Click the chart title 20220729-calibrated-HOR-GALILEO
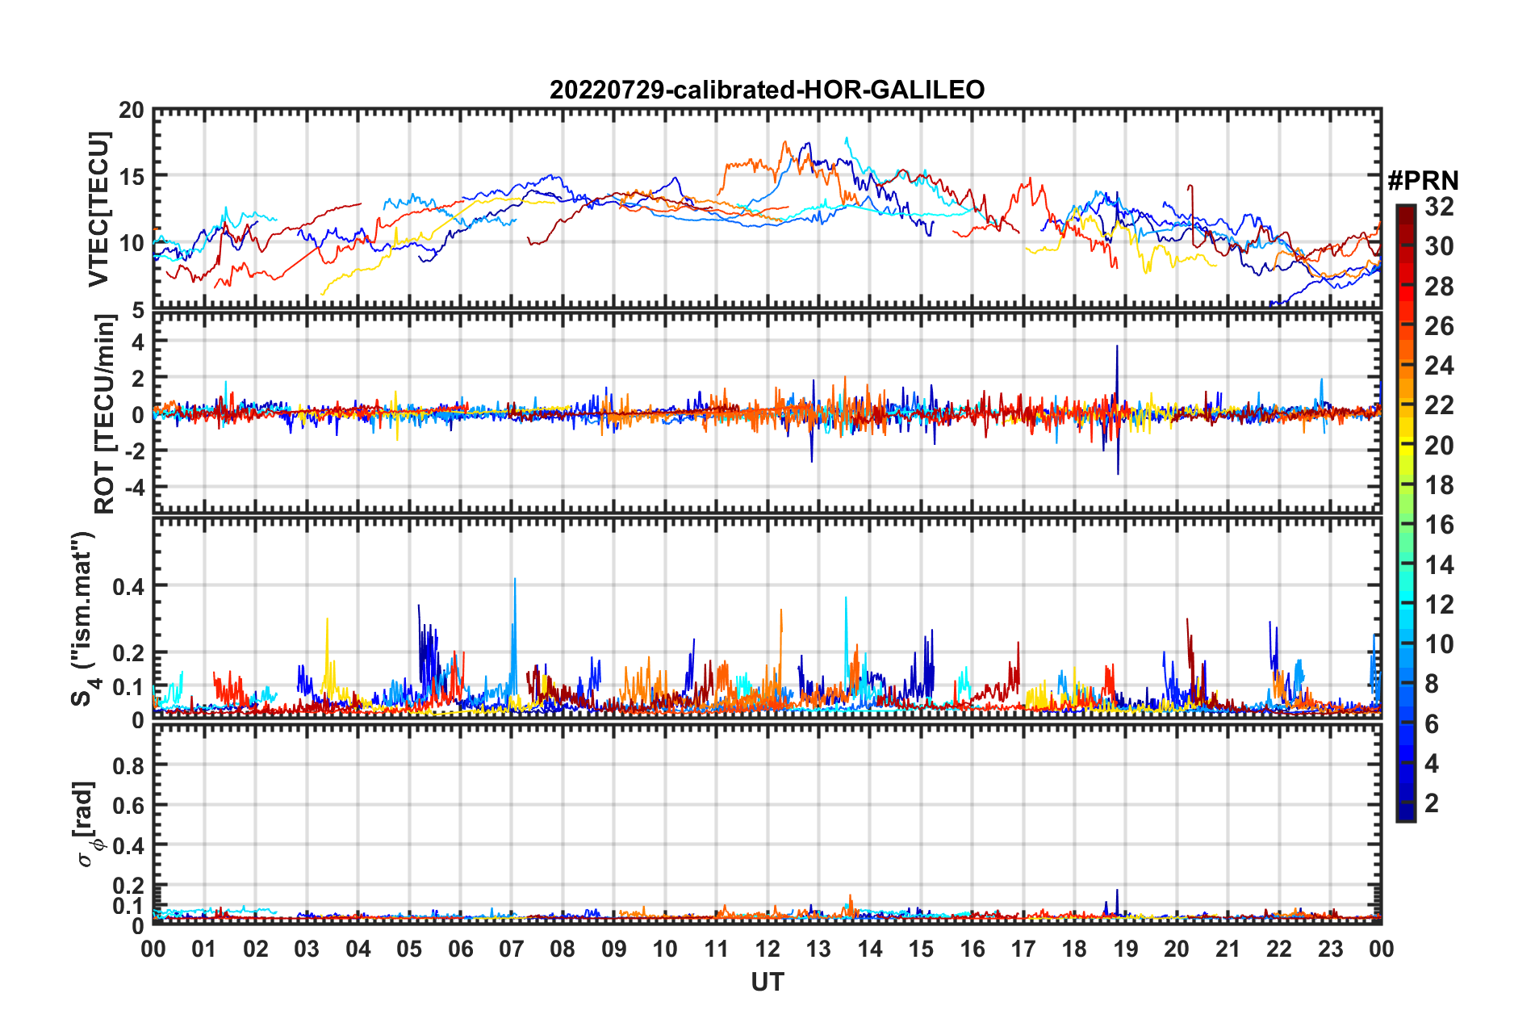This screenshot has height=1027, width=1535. [x=767, y=90]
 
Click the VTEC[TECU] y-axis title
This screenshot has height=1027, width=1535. [x=98, y=209]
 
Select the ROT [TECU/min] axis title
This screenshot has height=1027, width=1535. [x=104, y=413]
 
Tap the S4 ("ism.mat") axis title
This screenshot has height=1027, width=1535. [x=84, y=618]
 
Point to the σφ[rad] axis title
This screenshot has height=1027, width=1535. [x=86, y=824]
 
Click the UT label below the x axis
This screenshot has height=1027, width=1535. [x=767, y=982]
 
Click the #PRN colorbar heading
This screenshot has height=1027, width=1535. [x=1423, y=181]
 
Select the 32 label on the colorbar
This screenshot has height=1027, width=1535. [x=1439, y=207]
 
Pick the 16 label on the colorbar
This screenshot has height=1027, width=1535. [x=1439, y=525]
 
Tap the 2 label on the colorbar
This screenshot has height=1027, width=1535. [x=1432, y=803]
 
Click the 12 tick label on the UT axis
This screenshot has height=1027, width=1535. [x=767, y=949]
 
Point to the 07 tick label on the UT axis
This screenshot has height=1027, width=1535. [x=512, y=949]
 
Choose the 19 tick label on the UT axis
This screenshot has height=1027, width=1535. [x=1125, y=949]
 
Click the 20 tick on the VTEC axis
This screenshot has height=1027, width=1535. [x=132, y=111]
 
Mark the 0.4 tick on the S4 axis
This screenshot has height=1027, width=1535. [x=128, y=586]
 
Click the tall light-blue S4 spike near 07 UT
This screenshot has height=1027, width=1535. [x=514, y=581]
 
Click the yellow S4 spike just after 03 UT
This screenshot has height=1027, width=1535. [x=327, y=622]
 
